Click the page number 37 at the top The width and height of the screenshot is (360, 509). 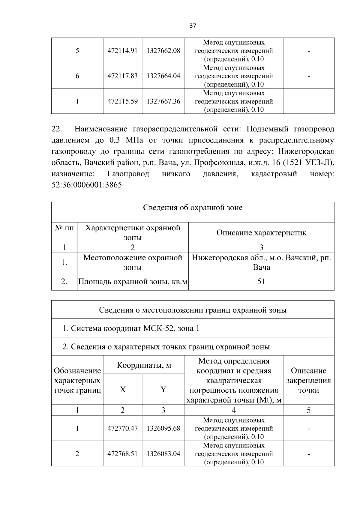tap(193, 26)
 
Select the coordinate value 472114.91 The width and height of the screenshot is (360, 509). tap(122, 51)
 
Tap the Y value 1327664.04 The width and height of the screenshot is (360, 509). tap(163, 76)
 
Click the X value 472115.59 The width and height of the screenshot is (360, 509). tap(122, 101)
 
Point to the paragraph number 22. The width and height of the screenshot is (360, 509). tap(57, 129)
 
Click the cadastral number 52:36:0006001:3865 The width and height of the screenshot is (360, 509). tap(87, 185)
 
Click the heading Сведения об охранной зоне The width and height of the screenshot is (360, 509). tap(193, 208)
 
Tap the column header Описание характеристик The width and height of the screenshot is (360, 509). tap(261, 233)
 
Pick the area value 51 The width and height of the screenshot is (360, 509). tap(261, 281)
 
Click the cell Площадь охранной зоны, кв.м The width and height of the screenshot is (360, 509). tap(133, 282)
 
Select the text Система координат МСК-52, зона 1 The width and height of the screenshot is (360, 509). tap(131, 328)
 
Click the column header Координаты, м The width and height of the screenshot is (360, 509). tap(144, 365)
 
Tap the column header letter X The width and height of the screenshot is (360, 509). tap(122, 390)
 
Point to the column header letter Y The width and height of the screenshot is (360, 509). tap(163, 390)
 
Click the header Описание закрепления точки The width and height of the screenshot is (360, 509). tap(308, 380)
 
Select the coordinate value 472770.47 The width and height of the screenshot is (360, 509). tap(122, 428)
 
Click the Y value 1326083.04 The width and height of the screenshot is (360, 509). tap(163, 454)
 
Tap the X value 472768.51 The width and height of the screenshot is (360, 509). tap(122, 454)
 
